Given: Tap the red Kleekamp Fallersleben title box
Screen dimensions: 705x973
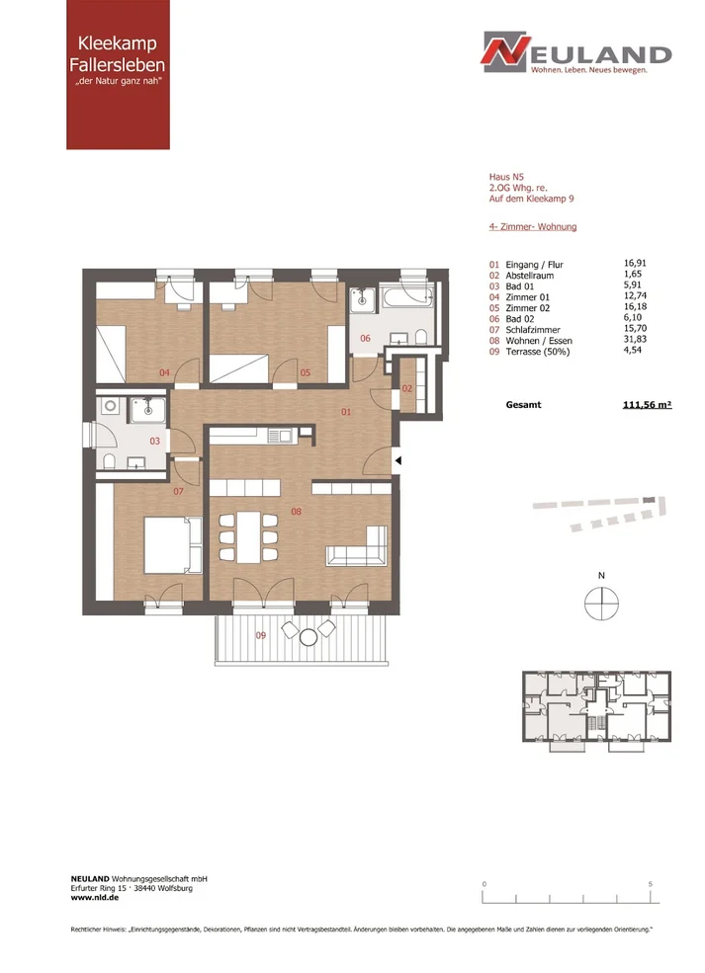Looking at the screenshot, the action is coord(118,74).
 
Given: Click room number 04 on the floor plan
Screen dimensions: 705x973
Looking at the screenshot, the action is coord(164,373).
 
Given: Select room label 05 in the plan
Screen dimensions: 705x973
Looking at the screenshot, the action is coord(306,373).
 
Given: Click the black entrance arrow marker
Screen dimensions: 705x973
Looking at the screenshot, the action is coord(398,461).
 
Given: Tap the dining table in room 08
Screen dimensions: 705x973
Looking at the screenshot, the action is coord(248,536).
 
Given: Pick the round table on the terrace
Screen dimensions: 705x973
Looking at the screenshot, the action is coord(308,637).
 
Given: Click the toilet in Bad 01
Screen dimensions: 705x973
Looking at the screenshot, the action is coord(110,461).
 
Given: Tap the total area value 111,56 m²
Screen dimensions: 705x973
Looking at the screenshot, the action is coord(648,405).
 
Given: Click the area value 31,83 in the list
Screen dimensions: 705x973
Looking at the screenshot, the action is coord(635,340).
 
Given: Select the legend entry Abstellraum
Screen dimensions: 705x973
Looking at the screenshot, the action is coord(529,276).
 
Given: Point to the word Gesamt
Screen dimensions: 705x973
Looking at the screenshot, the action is coord(524,405).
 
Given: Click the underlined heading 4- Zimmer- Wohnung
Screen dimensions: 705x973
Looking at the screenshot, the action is coord(533,227).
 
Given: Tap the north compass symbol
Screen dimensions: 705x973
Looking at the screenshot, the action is coord(602,604).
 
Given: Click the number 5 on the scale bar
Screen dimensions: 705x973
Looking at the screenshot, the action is coord(651,884).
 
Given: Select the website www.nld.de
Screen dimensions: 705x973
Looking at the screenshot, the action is coord(94,897).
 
